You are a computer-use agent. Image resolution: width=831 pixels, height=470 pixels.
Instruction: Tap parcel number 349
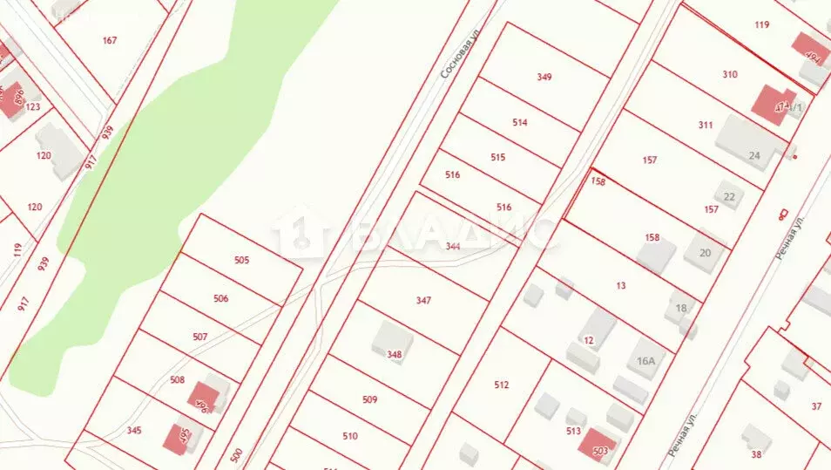(x=544, y=77)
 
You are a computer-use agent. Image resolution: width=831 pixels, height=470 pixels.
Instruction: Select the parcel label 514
(x=520, y=123)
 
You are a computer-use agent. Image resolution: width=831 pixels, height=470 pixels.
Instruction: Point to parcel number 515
(x=498, y=158)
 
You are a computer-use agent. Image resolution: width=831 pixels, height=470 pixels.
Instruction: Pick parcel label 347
(x=423, y=300)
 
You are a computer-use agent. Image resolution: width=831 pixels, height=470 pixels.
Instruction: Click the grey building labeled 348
(x=392, y=343)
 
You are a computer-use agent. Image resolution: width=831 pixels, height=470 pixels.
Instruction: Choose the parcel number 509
(x=370, y=400)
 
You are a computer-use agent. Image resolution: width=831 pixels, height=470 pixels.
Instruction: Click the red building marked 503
(x=599, y=446)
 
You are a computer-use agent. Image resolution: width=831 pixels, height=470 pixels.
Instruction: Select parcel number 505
(x=242, y=260)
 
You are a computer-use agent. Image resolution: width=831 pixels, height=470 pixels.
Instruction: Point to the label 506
(x=220, y=299)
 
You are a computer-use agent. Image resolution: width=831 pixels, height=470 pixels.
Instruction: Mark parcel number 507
(x=200, y=337)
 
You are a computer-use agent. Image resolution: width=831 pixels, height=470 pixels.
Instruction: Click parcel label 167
(x=110, y=41)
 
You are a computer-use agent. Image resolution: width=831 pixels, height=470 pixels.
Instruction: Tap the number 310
(x=730, y=74)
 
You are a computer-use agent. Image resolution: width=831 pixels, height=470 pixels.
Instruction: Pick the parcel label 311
(x=706, y=125)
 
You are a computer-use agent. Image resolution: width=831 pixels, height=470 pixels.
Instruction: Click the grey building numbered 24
(x=751, y=145)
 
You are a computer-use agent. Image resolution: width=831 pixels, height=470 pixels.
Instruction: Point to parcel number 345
(x=134, y=431)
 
